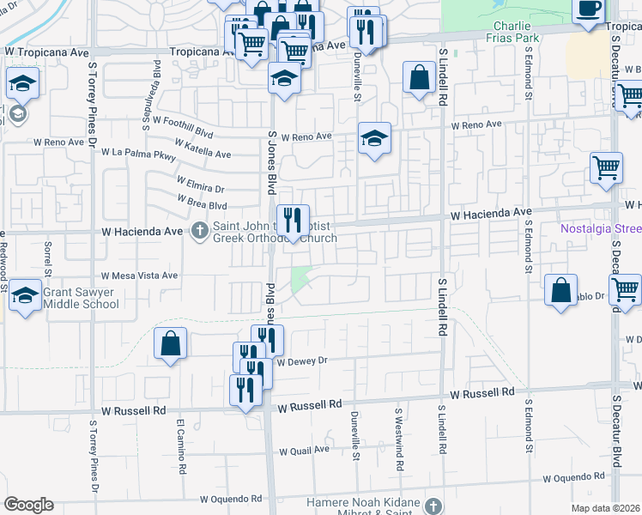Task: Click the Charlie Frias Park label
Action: pos(516,32)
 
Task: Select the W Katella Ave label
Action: pos(203,148)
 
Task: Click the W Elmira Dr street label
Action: pos(200,183)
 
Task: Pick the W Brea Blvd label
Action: pos(202,201)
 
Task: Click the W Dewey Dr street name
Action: pos(303,362)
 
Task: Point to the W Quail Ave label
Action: pos(306,450)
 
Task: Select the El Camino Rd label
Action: pos(181,446)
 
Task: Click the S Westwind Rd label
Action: pos(399,439)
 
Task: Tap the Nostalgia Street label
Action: pos(601,228)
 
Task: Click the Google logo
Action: pos(28,505)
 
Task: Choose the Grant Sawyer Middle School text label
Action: pos(81,297)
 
